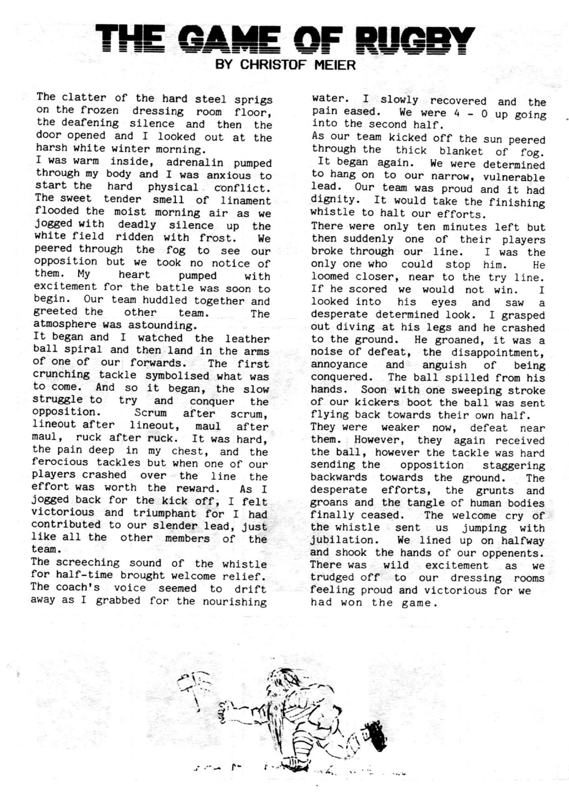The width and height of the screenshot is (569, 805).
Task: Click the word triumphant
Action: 164,513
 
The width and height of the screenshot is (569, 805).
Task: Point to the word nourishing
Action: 234,602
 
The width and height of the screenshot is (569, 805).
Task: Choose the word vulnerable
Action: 514,177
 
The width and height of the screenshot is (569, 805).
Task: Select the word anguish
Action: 444,365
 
